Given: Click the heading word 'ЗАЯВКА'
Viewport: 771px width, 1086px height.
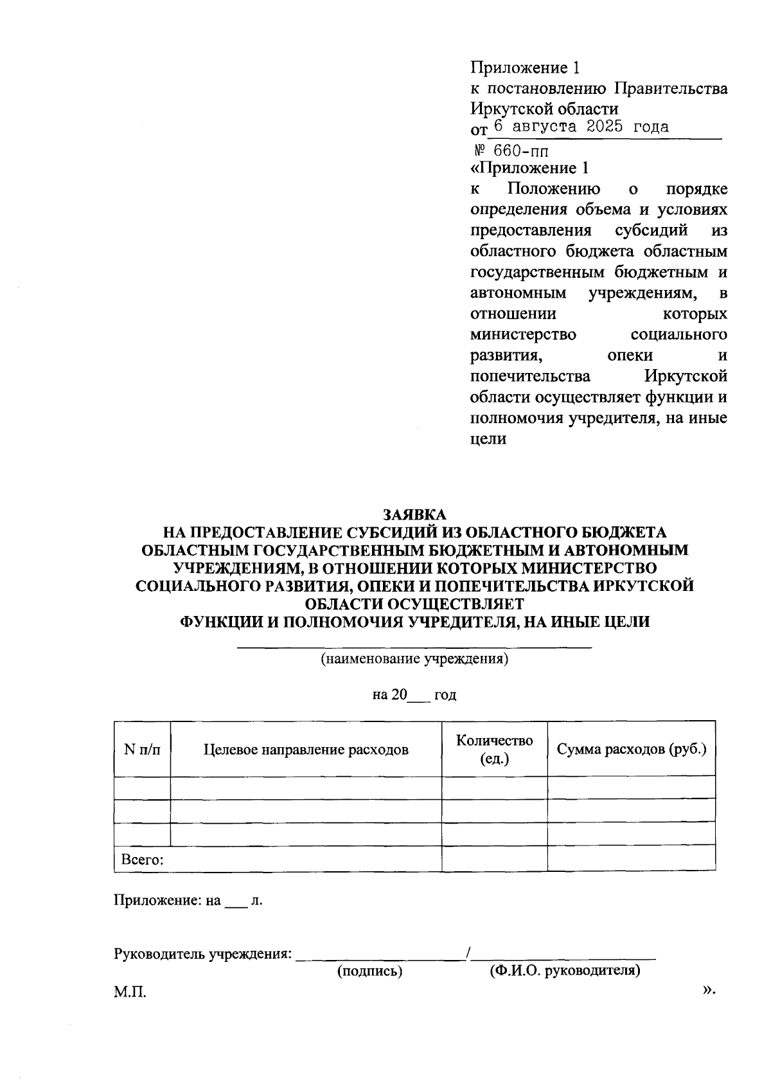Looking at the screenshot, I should (414, 515).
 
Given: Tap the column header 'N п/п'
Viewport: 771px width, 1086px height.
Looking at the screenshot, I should (142, 749).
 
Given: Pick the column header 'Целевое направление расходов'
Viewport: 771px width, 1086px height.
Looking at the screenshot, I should (306, 749).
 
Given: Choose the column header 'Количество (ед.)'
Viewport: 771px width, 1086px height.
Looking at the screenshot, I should (494, 749).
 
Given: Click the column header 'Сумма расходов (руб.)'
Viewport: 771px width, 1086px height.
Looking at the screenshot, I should (631, 749).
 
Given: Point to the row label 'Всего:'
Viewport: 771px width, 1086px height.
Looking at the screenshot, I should (139, 859).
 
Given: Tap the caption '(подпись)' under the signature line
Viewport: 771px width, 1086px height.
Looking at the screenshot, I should (370, 971).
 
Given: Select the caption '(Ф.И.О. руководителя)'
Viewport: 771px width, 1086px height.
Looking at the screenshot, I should (565, 971).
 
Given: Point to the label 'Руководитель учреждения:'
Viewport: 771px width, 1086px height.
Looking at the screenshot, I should (202, 954).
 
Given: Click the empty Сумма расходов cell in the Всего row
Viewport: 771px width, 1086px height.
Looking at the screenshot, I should (631, 859).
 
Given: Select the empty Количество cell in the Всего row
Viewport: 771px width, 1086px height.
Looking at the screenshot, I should (494, 859).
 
